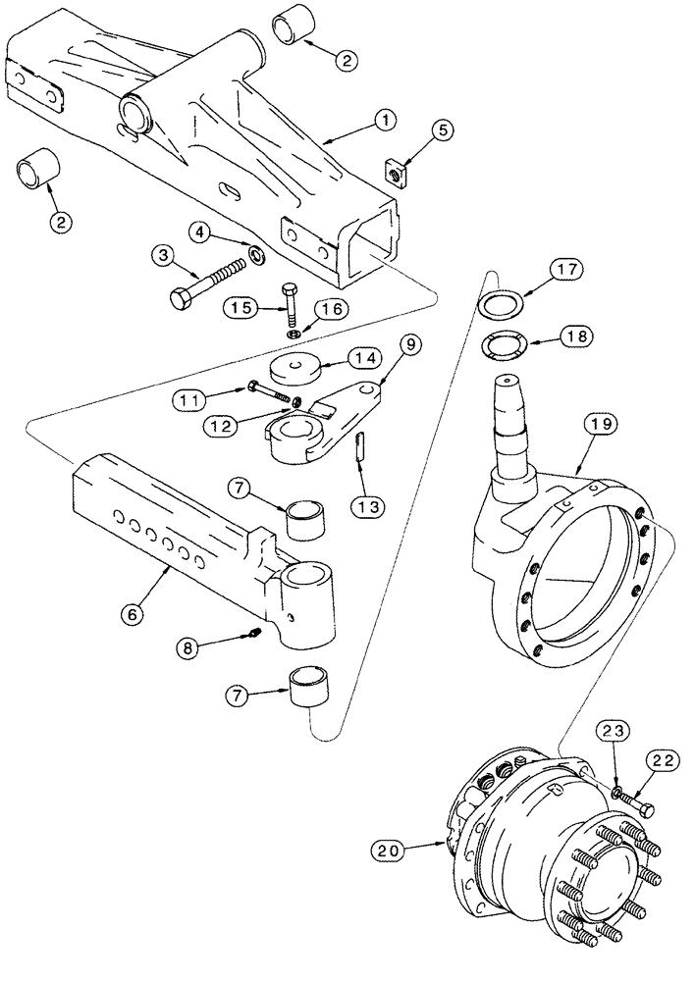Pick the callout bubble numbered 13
click(369, 507)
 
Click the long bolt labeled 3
click(208, 284)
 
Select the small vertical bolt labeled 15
click(289, 303)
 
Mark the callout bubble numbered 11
click(193, 399)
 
